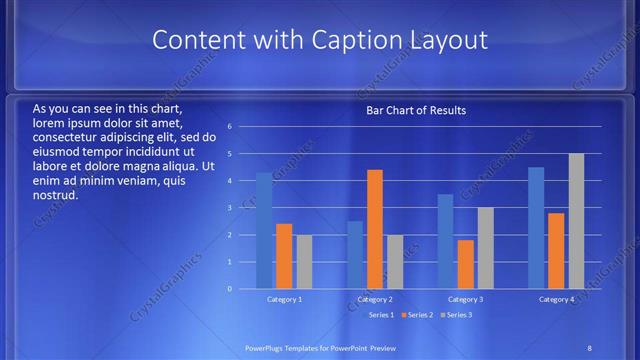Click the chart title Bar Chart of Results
click(x=415, y=110)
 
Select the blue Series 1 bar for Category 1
click(x=264, y=231)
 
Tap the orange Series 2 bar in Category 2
click(x=375, y=229)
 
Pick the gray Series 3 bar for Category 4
click(x=576, y=221)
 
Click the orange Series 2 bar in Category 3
click(x=466, y=264)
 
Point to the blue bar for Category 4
click(x=536, y=228)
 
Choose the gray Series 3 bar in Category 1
click(x=304, y=262)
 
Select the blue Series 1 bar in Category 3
click(x=446, y=241)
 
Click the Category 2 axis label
click(x=375, y=299)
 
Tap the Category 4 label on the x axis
click(x=557, y=299)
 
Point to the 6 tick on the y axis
click(x=230, y=127)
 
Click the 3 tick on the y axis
click(x=230, y=208)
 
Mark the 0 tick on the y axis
click(x=230, y=289)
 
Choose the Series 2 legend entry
click(x=418, y=315)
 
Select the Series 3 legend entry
click(x=457, y=315)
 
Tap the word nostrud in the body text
click(x=56, y=195)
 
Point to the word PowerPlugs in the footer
click(x=267, y=346)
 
